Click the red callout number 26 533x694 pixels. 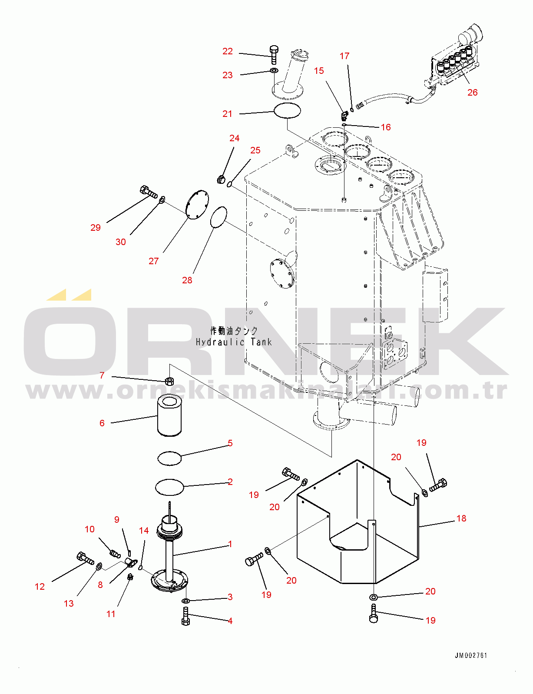[x=472, y=93]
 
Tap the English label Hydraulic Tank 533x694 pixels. [x=234, y=342]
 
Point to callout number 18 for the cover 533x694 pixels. [x=461, y=518]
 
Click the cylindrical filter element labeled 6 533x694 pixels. [x=169, y=415]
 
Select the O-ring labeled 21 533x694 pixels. [x=287, y=110]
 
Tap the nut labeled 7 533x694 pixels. [x=169, y=381]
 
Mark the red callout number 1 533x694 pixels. [x=230, y=544]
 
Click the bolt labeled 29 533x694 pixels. [x=149, y=191]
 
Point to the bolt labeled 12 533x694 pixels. [x=85, y=558]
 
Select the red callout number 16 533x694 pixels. [x=386, y=127]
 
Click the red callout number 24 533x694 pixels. [x=234, y=138]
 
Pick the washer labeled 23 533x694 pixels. [x=274, y=70]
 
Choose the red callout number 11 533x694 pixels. [x=111, y=614]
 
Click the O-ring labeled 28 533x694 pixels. [x=218, y=217]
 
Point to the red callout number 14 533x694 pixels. [x=144, y=531]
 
